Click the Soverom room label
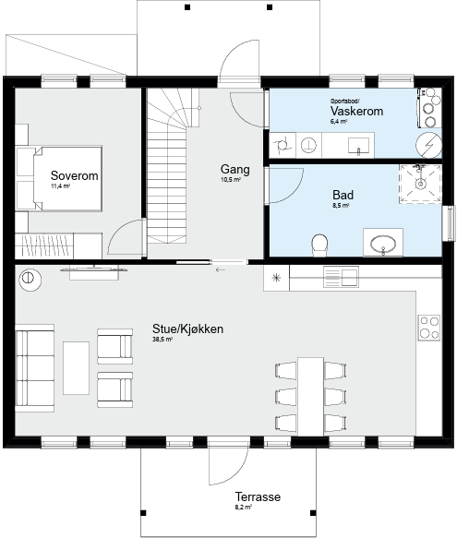[x=74, y=175]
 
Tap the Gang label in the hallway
[x=235, y=170]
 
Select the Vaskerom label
[x=356, y=111]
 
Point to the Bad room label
[x=343, y=195]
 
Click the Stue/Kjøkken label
[x=187, y=329]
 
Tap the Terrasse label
[x=258, y=496]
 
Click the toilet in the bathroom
[x=319, y=245]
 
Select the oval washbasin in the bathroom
[x=383, y=244]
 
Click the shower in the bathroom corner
[x=420, y=185]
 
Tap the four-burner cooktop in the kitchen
[x=429, y=328]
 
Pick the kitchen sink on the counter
[x=341, y=277]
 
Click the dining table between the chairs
[x=310, y=396]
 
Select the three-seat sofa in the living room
[x=35, y=368]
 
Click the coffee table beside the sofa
[x=76, y=368]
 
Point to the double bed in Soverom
[x=67, y=178]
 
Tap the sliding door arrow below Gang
[x=221, y=270]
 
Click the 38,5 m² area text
[x=162, y=340]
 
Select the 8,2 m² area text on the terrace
[x=244, y=508]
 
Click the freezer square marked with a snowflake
[x=276, y=278]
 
